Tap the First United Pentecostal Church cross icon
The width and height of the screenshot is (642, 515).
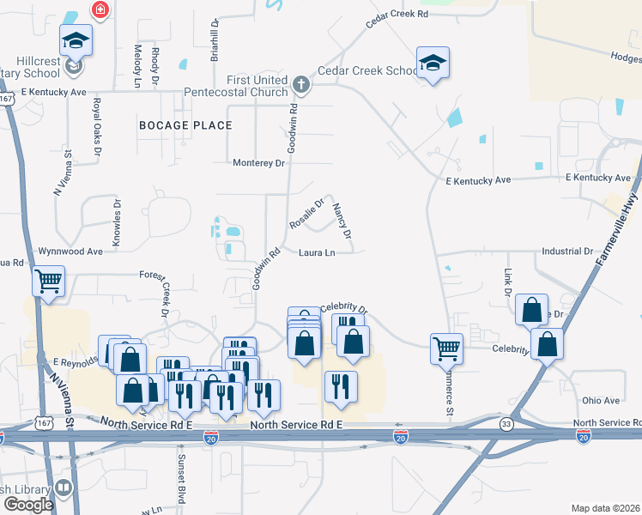pyautogui.click(x=300, y=84)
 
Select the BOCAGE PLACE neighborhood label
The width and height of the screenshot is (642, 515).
pyautogui.click(x=185, y=125)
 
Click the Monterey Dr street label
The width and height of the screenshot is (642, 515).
pyautogui.click(x=258, y=162)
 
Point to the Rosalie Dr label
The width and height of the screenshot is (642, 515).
pyautogui.click(x=306, y=215)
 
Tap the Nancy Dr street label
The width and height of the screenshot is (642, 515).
pyautogui.click(x=342, y=221)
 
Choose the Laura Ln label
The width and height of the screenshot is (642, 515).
pyautogui.click(x=317, y=253)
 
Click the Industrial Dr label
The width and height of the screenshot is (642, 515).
pyautogui.click(x=567, y=252)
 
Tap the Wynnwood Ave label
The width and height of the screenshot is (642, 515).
pyautogui.click(x=70, y=251)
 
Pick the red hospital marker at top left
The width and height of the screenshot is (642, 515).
pyautogui.click(x=100, y=9)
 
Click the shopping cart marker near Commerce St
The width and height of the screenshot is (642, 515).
pyautogui.click(x=446, y=348)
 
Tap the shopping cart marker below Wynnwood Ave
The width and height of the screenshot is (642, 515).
pyautogui.click(x=48, y=281)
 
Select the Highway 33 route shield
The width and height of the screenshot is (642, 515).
pyautogui.click(x=507, y=423)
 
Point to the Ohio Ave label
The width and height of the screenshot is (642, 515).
pyautogui.click(x=600, y=401)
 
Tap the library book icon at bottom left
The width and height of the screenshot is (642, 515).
pyautogui.click(x=64, y=488)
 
